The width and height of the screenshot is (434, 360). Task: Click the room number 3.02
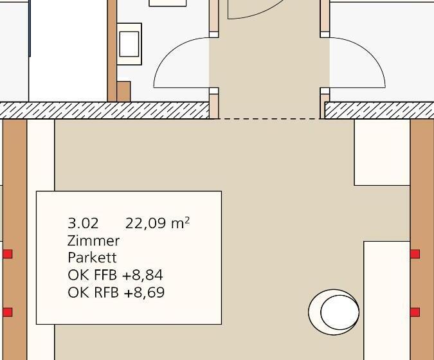[x=83, y=223]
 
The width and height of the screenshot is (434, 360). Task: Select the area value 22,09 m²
[x=158, y=223]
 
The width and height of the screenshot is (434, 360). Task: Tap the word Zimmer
[x=94, y=240]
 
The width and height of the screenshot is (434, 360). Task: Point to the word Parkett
[x=92, y=258]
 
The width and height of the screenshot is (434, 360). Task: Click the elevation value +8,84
[x=143, y=275]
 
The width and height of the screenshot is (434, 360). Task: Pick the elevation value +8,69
[x=144, y=292]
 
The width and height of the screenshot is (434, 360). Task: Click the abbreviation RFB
[x=106, y=292]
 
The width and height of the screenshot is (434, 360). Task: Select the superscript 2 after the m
[x=187, y=220]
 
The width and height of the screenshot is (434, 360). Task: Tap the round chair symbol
[x=334, y=312]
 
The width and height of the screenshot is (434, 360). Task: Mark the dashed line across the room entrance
[x=269, y=119]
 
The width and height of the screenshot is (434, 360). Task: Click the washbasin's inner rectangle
[x=129, y=44]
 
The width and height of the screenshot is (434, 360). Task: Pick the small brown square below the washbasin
[x=123, y=91]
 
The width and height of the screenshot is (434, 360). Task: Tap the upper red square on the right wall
[x=415, y=254]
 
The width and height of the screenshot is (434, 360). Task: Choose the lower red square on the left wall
[x=8, y=312]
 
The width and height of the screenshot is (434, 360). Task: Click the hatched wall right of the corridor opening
[x=379, y=111]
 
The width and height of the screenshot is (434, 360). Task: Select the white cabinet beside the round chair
[x=386, y=300]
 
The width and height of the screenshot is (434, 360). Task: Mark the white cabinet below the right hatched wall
[x=382, y=152]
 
